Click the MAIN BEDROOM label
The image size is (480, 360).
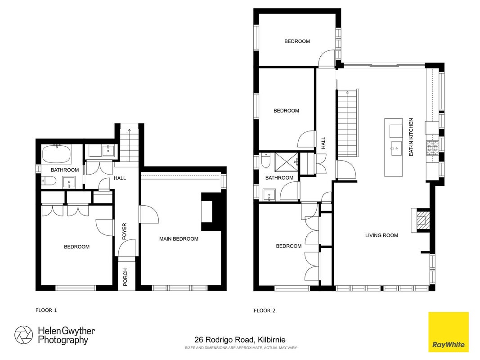coord(179,239)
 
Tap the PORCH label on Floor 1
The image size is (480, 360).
coord(125,277)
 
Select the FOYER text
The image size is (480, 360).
coord(124,231)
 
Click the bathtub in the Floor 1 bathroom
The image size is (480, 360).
coord(57,153)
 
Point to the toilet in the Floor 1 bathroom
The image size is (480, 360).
coord(49,181)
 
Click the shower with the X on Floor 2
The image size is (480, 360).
coord(286,161)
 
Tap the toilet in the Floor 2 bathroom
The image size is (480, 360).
coord(266,160)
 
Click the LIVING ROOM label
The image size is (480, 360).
coord(382,235)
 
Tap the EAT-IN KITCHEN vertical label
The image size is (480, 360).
coord(411,137)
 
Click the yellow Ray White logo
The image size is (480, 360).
coord(449,332)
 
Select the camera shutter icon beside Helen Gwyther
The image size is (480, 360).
coord(23,335)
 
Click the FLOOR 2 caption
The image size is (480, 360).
coord(265,310)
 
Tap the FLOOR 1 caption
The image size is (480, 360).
coord(46,310)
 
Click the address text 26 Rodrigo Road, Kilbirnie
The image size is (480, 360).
coord(240,340)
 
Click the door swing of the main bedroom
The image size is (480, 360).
coord(149,215)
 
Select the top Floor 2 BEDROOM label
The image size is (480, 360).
coord(297,41)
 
